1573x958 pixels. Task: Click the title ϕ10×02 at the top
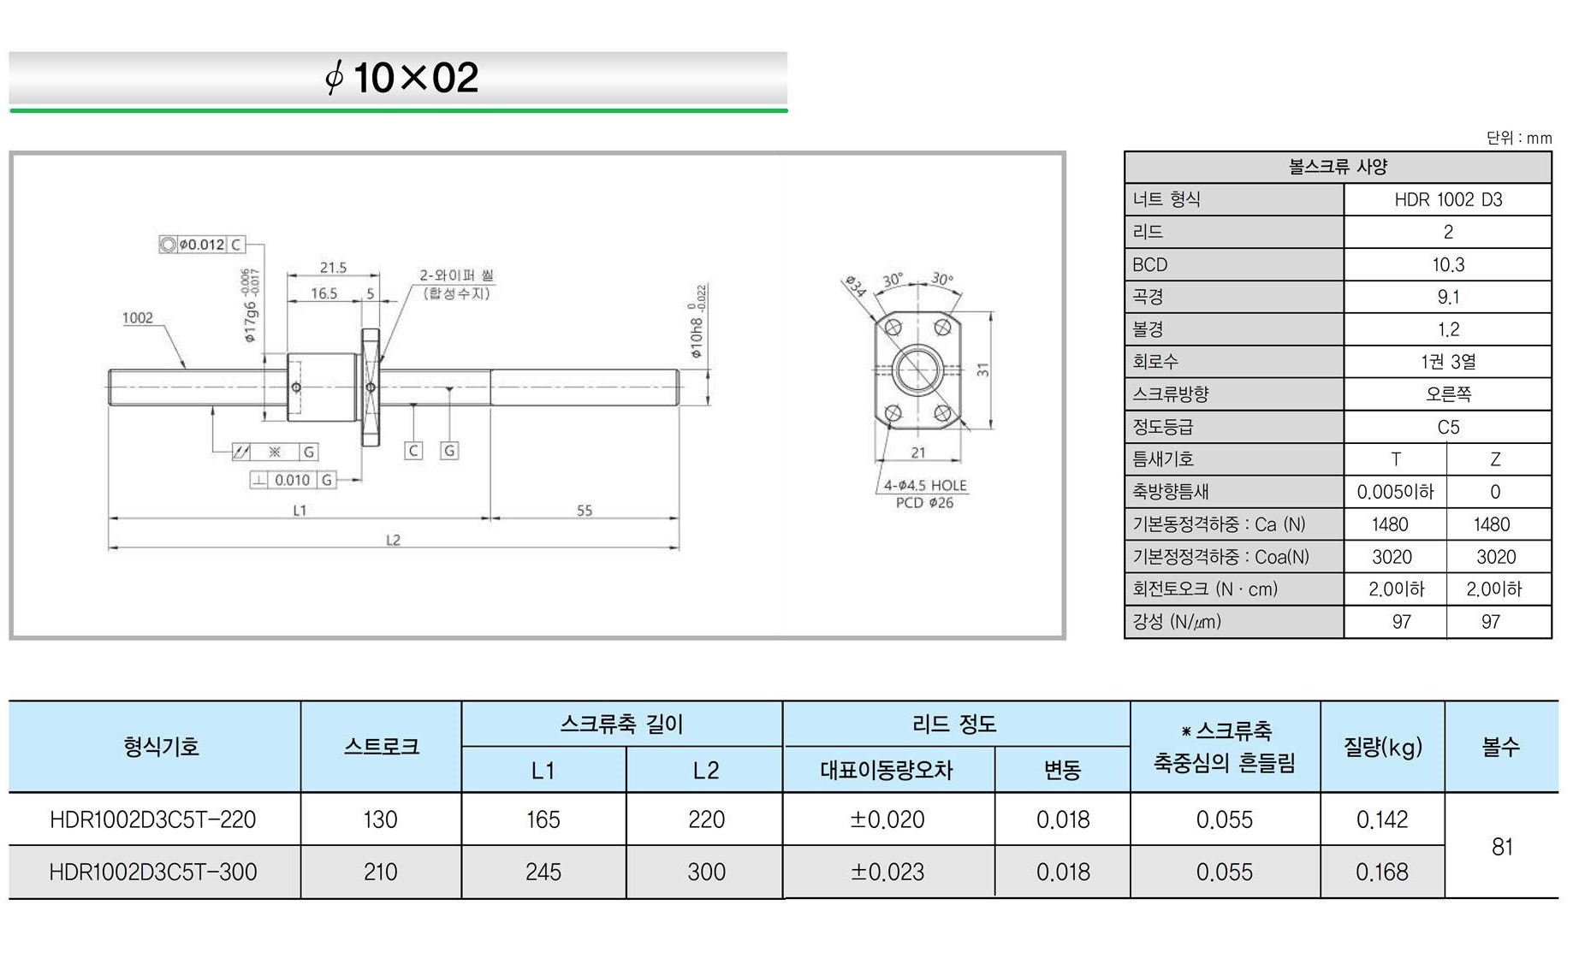pyautogui.click(x=401, y=78)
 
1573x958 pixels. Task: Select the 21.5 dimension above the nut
pyautogui.click(x=333, y=268)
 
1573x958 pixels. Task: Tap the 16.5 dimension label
pyautogui.click(x=324, y=293)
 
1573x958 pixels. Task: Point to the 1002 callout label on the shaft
pyautogui.click(x=137, y=318)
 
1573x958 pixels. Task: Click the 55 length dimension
pyautogui.click(x=585, y=511)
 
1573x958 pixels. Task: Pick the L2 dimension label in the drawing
pyautogui.click(x=393, y=540)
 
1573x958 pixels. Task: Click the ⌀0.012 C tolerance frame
pyautogui.click(x=202, y=245)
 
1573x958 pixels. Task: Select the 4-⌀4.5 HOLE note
pyautogui.click(x=925, y=485)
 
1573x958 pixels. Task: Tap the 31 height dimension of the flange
pyautogui.click(x=983, y=370)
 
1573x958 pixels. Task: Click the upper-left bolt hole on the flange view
pyautogui.click(x=893, y=328)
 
